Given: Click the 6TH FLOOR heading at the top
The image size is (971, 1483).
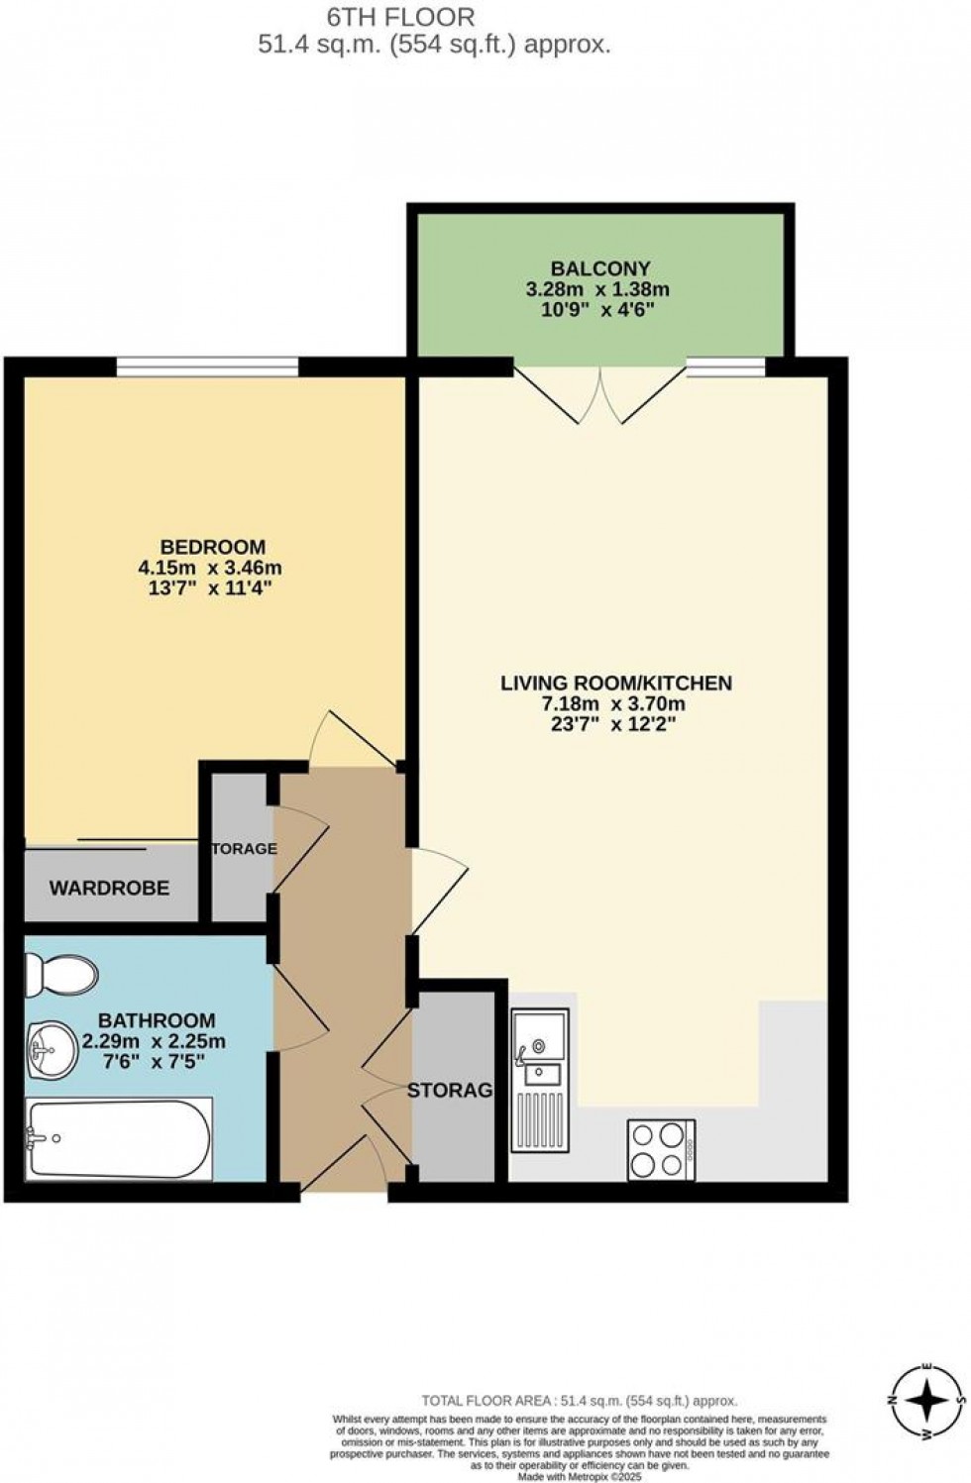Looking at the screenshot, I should (400, 16).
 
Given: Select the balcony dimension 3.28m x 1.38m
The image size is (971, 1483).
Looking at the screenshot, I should (597, 290).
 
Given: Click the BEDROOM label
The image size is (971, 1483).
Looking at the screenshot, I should (213, 547).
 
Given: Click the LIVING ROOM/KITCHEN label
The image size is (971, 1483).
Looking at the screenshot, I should (615, 683).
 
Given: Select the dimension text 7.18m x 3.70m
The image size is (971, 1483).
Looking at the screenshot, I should (612, 704).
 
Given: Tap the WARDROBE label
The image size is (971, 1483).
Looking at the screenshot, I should (109, 888).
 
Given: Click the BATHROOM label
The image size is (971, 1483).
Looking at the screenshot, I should (156, 1020).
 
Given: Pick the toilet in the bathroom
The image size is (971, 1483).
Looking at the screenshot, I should (60, 975).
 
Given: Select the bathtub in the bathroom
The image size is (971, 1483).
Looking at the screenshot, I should (119, 1139).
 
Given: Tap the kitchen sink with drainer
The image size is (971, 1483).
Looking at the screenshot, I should (540, 1080).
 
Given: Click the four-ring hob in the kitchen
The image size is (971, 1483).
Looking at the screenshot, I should (661, 1150).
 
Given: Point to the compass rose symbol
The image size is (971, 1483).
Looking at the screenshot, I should (926, 1401).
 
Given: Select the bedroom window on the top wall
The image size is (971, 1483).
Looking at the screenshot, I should (207, 368).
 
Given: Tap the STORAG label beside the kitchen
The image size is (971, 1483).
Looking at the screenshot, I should (450, 1091).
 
